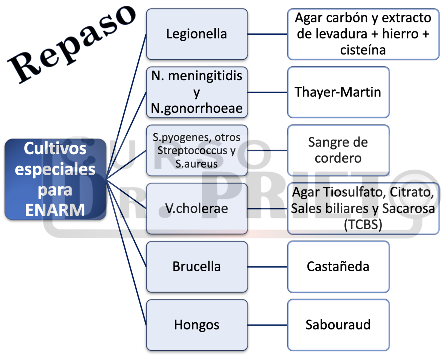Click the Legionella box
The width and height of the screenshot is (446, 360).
point(197,34)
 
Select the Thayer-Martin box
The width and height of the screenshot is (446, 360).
point(338,92)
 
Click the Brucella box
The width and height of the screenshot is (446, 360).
point(197,267)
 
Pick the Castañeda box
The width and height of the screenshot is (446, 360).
point(338,267)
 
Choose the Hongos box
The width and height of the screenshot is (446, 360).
point(197,325)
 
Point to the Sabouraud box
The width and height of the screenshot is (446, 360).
point(338,325)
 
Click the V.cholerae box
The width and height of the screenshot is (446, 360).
point(197,208)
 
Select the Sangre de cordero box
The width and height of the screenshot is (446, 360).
point(338,150)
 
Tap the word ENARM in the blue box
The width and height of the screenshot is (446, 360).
point(55,210)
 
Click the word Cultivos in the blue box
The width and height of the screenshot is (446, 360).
point(55,149)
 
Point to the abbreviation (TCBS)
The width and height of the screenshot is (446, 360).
point(363,224)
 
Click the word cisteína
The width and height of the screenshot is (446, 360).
point(363,50)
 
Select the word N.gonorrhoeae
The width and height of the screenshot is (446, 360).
point(197,108)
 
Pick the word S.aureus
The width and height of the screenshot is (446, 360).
point(197,164)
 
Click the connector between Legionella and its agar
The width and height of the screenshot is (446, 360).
point(267,34)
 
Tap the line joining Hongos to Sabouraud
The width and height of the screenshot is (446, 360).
point(267,325)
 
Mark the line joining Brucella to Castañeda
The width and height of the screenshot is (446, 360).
point(267,267)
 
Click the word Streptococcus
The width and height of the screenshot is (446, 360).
point(192,151)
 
